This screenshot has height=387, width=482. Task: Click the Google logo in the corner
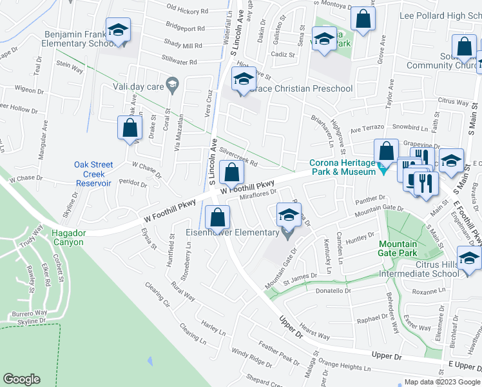click(21, 379)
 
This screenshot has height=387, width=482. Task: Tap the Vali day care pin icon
click(172, 83)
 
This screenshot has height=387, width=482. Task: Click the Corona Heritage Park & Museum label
click(342, 167)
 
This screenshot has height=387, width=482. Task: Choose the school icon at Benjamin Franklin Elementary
click(118, 31)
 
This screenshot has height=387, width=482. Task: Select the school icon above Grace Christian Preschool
click(244, 81)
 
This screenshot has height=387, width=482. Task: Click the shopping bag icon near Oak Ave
click(130, 128)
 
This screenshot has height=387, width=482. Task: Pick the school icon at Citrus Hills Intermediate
click(470, 259)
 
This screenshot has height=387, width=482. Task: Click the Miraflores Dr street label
click(258, 192)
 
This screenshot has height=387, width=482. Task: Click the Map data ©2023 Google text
click(442, 382)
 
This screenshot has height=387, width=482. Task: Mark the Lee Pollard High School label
click(440, 15)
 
